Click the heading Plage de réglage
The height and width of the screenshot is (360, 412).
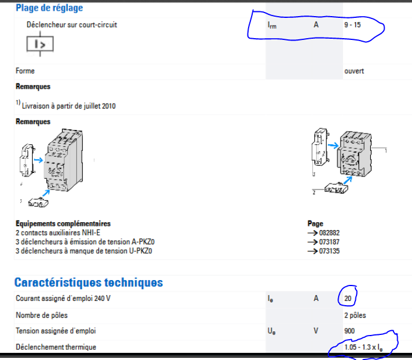click(49, 8)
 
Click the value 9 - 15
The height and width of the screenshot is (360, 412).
click(352, 25)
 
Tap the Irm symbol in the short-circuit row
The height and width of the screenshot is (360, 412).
click(272, 25)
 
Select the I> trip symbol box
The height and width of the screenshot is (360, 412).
click(40, 44)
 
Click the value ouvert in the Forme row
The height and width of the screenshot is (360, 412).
click(354, 71)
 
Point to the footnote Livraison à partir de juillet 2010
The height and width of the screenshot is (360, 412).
click(69, 106)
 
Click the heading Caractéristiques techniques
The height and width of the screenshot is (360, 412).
click(89, 283)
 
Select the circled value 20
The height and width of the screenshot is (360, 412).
click(348, 298)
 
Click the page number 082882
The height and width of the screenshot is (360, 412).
click(329, 233)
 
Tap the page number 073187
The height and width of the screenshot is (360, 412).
click(329, 242)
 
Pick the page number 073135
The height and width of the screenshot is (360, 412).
click(329, 251)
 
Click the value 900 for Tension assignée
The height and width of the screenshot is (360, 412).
click(349, 331)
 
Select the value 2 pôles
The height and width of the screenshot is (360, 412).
click(355, 315)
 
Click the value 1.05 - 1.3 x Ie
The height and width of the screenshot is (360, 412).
click(363, 347)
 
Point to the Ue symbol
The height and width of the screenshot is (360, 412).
click(271, 331)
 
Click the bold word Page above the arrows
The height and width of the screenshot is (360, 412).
click(315, 224)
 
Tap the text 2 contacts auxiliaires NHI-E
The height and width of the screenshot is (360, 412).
click(58, 233)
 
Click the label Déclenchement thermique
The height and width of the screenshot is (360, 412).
click(56, 347)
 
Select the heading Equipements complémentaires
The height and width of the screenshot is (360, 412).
click(63, 224)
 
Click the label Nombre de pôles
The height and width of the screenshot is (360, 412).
click(42, 315)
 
